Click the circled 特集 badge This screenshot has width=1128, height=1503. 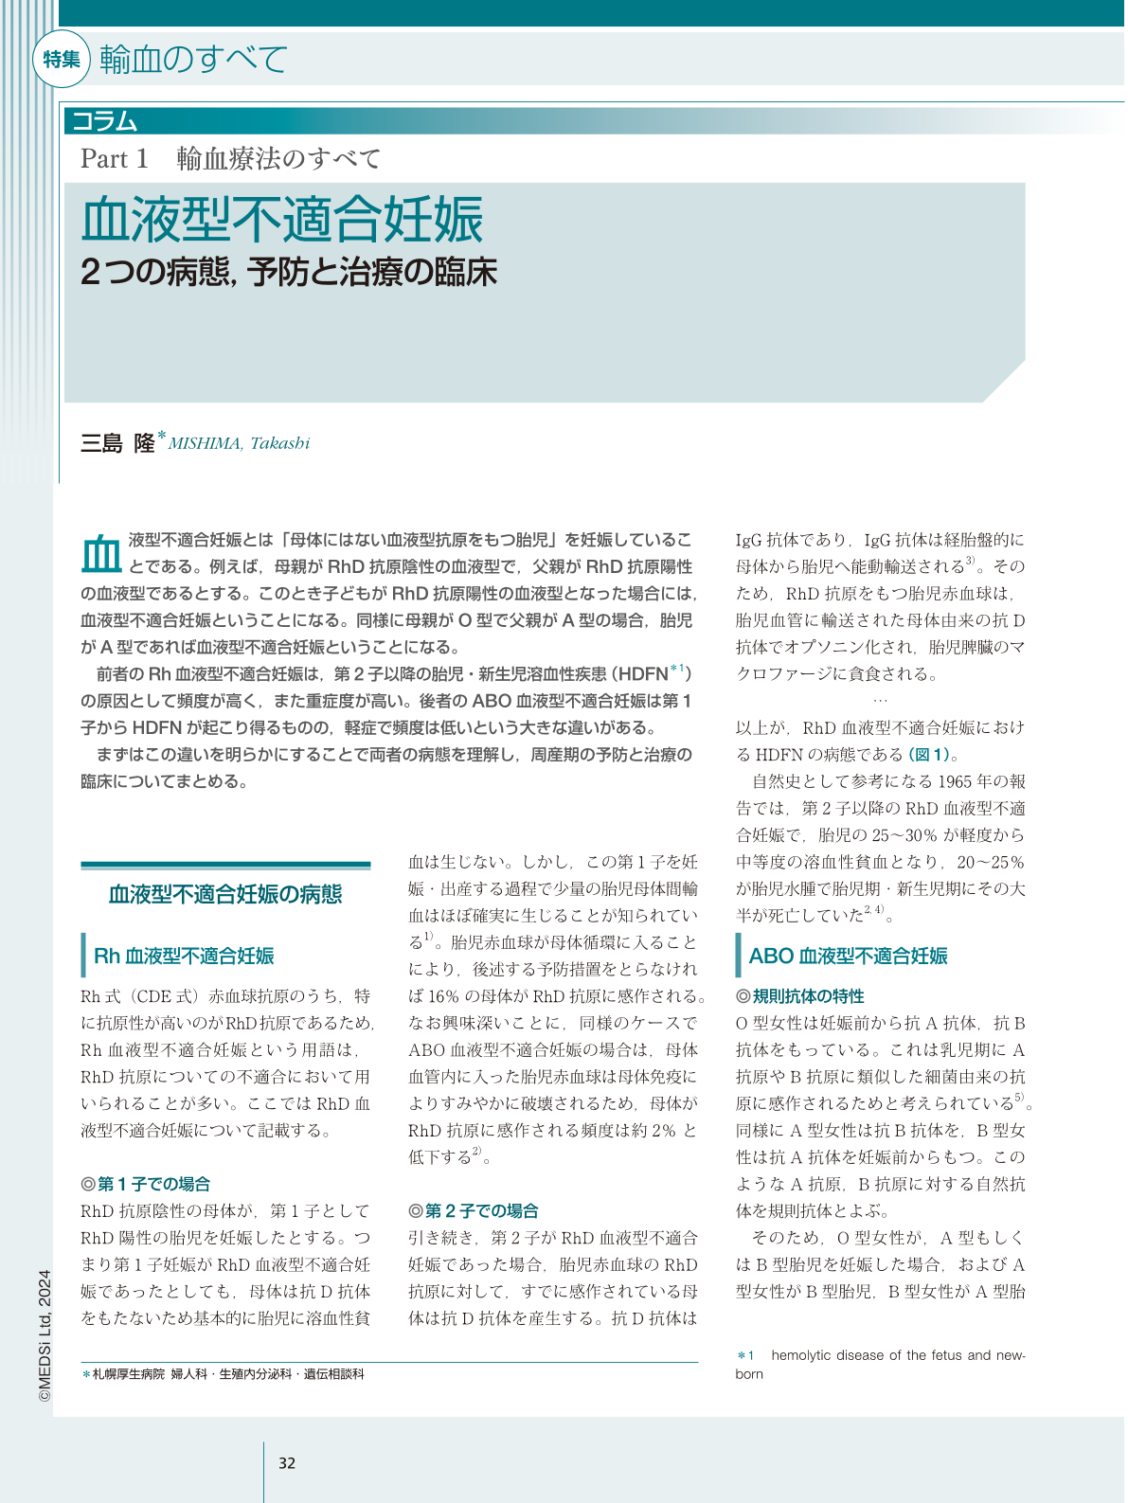pos(62,60)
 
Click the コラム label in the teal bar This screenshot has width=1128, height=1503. pos(105,121)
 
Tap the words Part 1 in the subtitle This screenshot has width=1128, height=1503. pos(115,159)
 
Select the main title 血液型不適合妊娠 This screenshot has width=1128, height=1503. pos(282,220)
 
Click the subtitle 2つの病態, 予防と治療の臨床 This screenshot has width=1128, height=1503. pos(289,273)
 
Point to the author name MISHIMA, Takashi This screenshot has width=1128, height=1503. pos(239,443)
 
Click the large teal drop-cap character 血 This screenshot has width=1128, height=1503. pos(100,552)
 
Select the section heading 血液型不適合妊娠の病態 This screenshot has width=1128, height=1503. pos(225,894)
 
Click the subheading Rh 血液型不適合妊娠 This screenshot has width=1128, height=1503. pos(184,956)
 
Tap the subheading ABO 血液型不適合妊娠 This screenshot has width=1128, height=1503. pos(848,956)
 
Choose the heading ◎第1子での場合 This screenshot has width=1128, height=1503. pos(146,1184)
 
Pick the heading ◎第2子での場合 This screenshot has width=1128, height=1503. pos(474,1210)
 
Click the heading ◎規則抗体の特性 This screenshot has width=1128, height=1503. pos(800,996)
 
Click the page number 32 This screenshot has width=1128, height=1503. pos(287,1463)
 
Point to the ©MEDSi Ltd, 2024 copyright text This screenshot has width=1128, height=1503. pos(45,1335)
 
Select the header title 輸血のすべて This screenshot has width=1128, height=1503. pos(193,60)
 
